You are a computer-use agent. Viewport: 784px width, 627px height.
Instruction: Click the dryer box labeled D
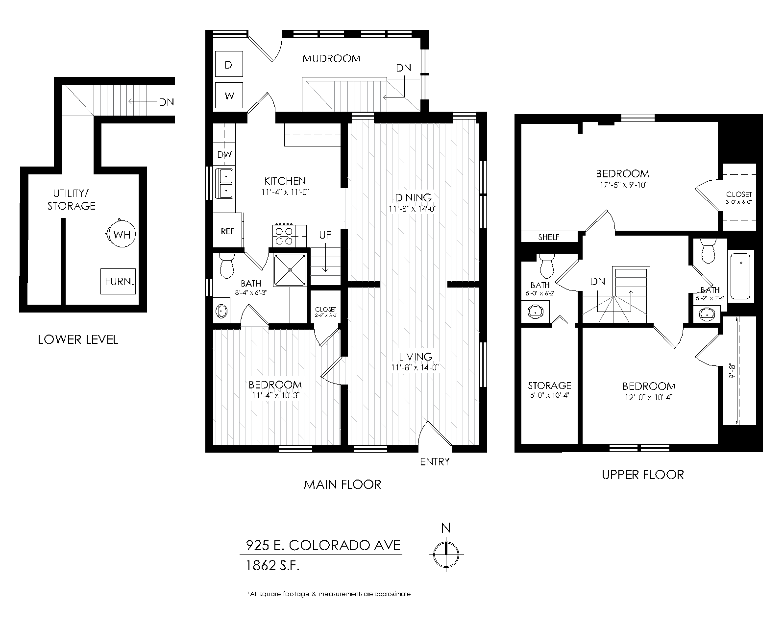[x=229, y=65]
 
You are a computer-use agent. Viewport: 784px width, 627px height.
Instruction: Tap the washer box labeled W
[x=229, y=96]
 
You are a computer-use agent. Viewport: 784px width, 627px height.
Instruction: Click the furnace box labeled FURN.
[x=118, y=282]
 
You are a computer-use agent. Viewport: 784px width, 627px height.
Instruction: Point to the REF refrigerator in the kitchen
[x=227, y=231]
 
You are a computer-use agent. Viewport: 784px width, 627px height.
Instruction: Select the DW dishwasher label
[x=224, y=155]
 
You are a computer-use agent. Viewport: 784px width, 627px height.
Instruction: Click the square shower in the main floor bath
[x=290, y=269]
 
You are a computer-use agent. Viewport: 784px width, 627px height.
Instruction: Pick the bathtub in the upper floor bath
[x=741, y=275]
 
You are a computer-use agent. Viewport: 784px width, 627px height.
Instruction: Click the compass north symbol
[x=446, y=554]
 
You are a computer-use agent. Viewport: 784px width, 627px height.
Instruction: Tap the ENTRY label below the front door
[x=435, y=461]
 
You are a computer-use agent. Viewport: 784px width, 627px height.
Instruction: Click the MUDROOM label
[x=331, y=59]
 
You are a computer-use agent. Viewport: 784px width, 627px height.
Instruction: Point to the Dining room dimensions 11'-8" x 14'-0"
[x=413, y=208]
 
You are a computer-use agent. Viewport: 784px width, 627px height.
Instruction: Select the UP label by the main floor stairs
[x=325, y=235]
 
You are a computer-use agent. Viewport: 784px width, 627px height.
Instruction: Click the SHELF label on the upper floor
[x=549, y=237]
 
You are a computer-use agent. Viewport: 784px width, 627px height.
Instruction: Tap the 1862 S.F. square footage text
[x=272, y=566]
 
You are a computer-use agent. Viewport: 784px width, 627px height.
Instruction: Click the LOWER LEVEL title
[x=78, y=339]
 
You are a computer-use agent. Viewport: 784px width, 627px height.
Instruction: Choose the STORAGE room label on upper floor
[x=549, y=386]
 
